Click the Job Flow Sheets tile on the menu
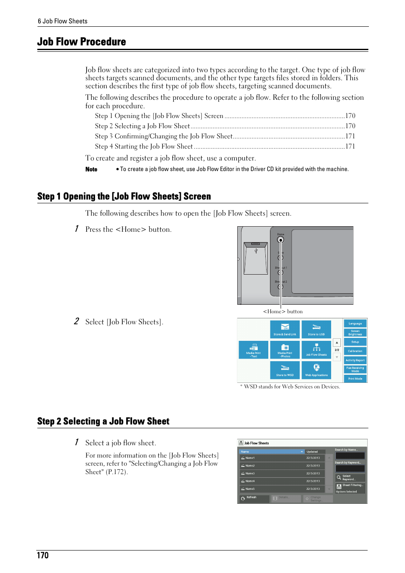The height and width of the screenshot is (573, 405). coord(316,349)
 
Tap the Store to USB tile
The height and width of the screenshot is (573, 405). coord(316,329)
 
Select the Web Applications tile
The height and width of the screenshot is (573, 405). coord(316,370)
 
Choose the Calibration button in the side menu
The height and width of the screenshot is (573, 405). coord(355,351)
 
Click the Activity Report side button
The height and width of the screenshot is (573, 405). coord(355,360)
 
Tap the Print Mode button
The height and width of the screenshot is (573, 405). coord(355,379)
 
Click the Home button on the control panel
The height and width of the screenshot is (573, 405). coord(281,240)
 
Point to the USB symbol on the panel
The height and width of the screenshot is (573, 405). coord(256,251)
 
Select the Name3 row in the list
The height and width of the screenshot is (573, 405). coord(282,473)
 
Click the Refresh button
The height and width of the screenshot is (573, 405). coord(254,498)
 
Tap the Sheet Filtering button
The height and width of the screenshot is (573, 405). coord(350,486)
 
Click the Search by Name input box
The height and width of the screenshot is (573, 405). coord(350,455)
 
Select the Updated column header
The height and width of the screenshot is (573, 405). coord(315,452)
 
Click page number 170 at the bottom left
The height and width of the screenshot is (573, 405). coord(43,556)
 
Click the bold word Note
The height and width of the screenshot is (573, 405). coord(91,169)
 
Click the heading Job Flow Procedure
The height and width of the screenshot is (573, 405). coord(82,42)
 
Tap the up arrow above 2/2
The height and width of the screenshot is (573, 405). coord(337,342)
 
